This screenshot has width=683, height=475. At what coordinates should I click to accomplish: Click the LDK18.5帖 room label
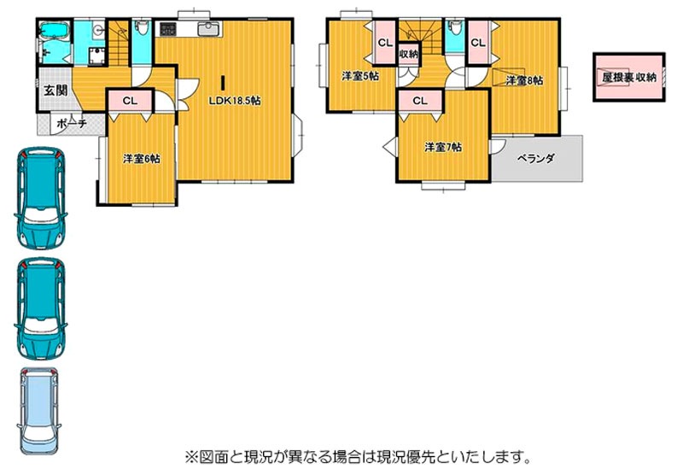coord(235,101)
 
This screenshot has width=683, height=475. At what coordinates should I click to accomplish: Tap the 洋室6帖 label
coord(141,159)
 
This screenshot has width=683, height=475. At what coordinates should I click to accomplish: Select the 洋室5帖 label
coord(360,76)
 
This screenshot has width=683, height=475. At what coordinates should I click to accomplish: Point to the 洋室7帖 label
coord(443,147)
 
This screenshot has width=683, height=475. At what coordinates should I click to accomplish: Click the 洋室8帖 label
coord(524,80)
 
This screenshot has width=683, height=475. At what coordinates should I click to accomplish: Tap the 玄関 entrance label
coord(55,91)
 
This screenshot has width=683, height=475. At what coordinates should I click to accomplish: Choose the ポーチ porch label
coord(72,124)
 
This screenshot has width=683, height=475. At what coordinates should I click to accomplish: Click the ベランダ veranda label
coord(536,158)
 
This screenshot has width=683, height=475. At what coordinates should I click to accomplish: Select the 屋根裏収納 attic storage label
coord(629,78)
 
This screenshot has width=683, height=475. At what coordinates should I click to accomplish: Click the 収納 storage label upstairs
coord(409,55)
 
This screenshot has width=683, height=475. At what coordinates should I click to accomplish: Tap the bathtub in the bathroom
coord(55,31)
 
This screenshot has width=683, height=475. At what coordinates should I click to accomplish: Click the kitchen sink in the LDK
coord(209,29)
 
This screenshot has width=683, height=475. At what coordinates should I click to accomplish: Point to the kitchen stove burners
coord(168,29)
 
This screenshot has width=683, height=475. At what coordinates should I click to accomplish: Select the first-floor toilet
coord(141,29)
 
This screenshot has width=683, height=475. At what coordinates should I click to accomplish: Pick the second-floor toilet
coord(455,28)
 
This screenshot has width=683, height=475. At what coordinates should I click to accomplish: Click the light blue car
coord(38,412)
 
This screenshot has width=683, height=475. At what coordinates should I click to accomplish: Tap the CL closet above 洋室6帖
coord(130,101)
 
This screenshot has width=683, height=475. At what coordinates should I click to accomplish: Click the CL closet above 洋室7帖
coord(420,101)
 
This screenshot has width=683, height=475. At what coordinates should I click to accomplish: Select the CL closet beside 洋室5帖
coord(385,43)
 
